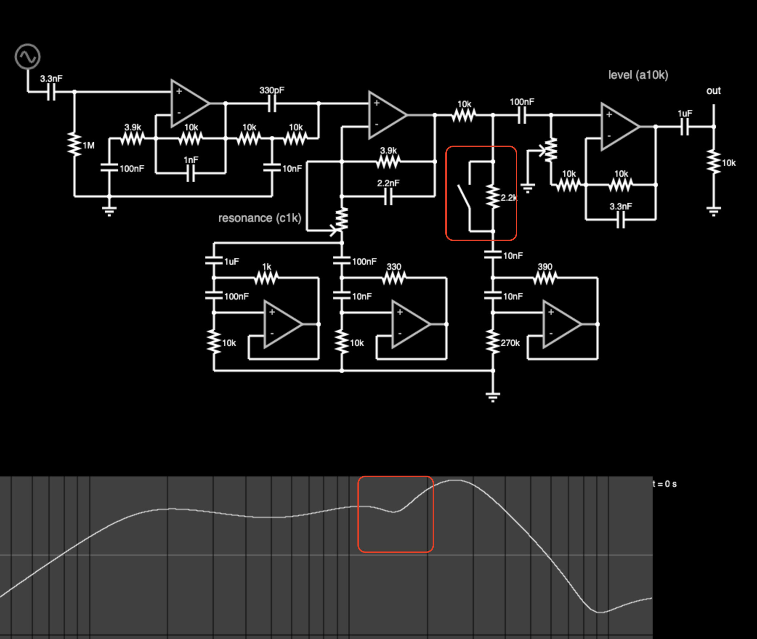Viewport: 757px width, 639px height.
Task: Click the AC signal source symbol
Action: point(27,57)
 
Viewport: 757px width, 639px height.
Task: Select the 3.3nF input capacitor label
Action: point(51,78)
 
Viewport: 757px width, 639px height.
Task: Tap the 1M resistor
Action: point(74,145)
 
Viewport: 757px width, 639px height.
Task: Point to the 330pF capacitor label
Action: point(272,90)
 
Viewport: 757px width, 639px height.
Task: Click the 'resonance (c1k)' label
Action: point(260,218)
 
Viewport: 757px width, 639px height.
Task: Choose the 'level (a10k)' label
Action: point(638,75)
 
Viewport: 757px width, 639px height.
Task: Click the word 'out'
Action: point(713,91)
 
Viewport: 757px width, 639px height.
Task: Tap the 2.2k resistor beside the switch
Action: point(493,196)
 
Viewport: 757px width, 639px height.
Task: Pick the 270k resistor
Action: point(493,342)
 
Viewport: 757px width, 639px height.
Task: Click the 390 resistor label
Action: point(545,266)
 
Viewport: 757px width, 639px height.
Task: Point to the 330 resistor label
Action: point(394,266)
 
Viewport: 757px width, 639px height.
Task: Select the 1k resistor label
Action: point(267,266)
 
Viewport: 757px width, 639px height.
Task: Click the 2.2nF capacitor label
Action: point(388,183)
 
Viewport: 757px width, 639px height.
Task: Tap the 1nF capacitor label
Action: point(191,160)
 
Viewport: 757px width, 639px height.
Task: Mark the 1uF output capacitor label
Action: point(685,114)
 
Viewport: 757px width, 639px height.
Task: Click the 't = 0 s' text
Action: point(665,484)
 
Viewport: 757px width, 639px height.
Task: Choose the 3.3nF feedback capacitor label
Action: point(621,206)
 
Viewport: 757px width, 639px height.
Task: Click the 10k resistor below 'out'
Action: point(713,162)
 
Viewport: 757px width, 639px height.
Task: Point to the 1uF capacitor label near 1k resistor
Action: point(232,261)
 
